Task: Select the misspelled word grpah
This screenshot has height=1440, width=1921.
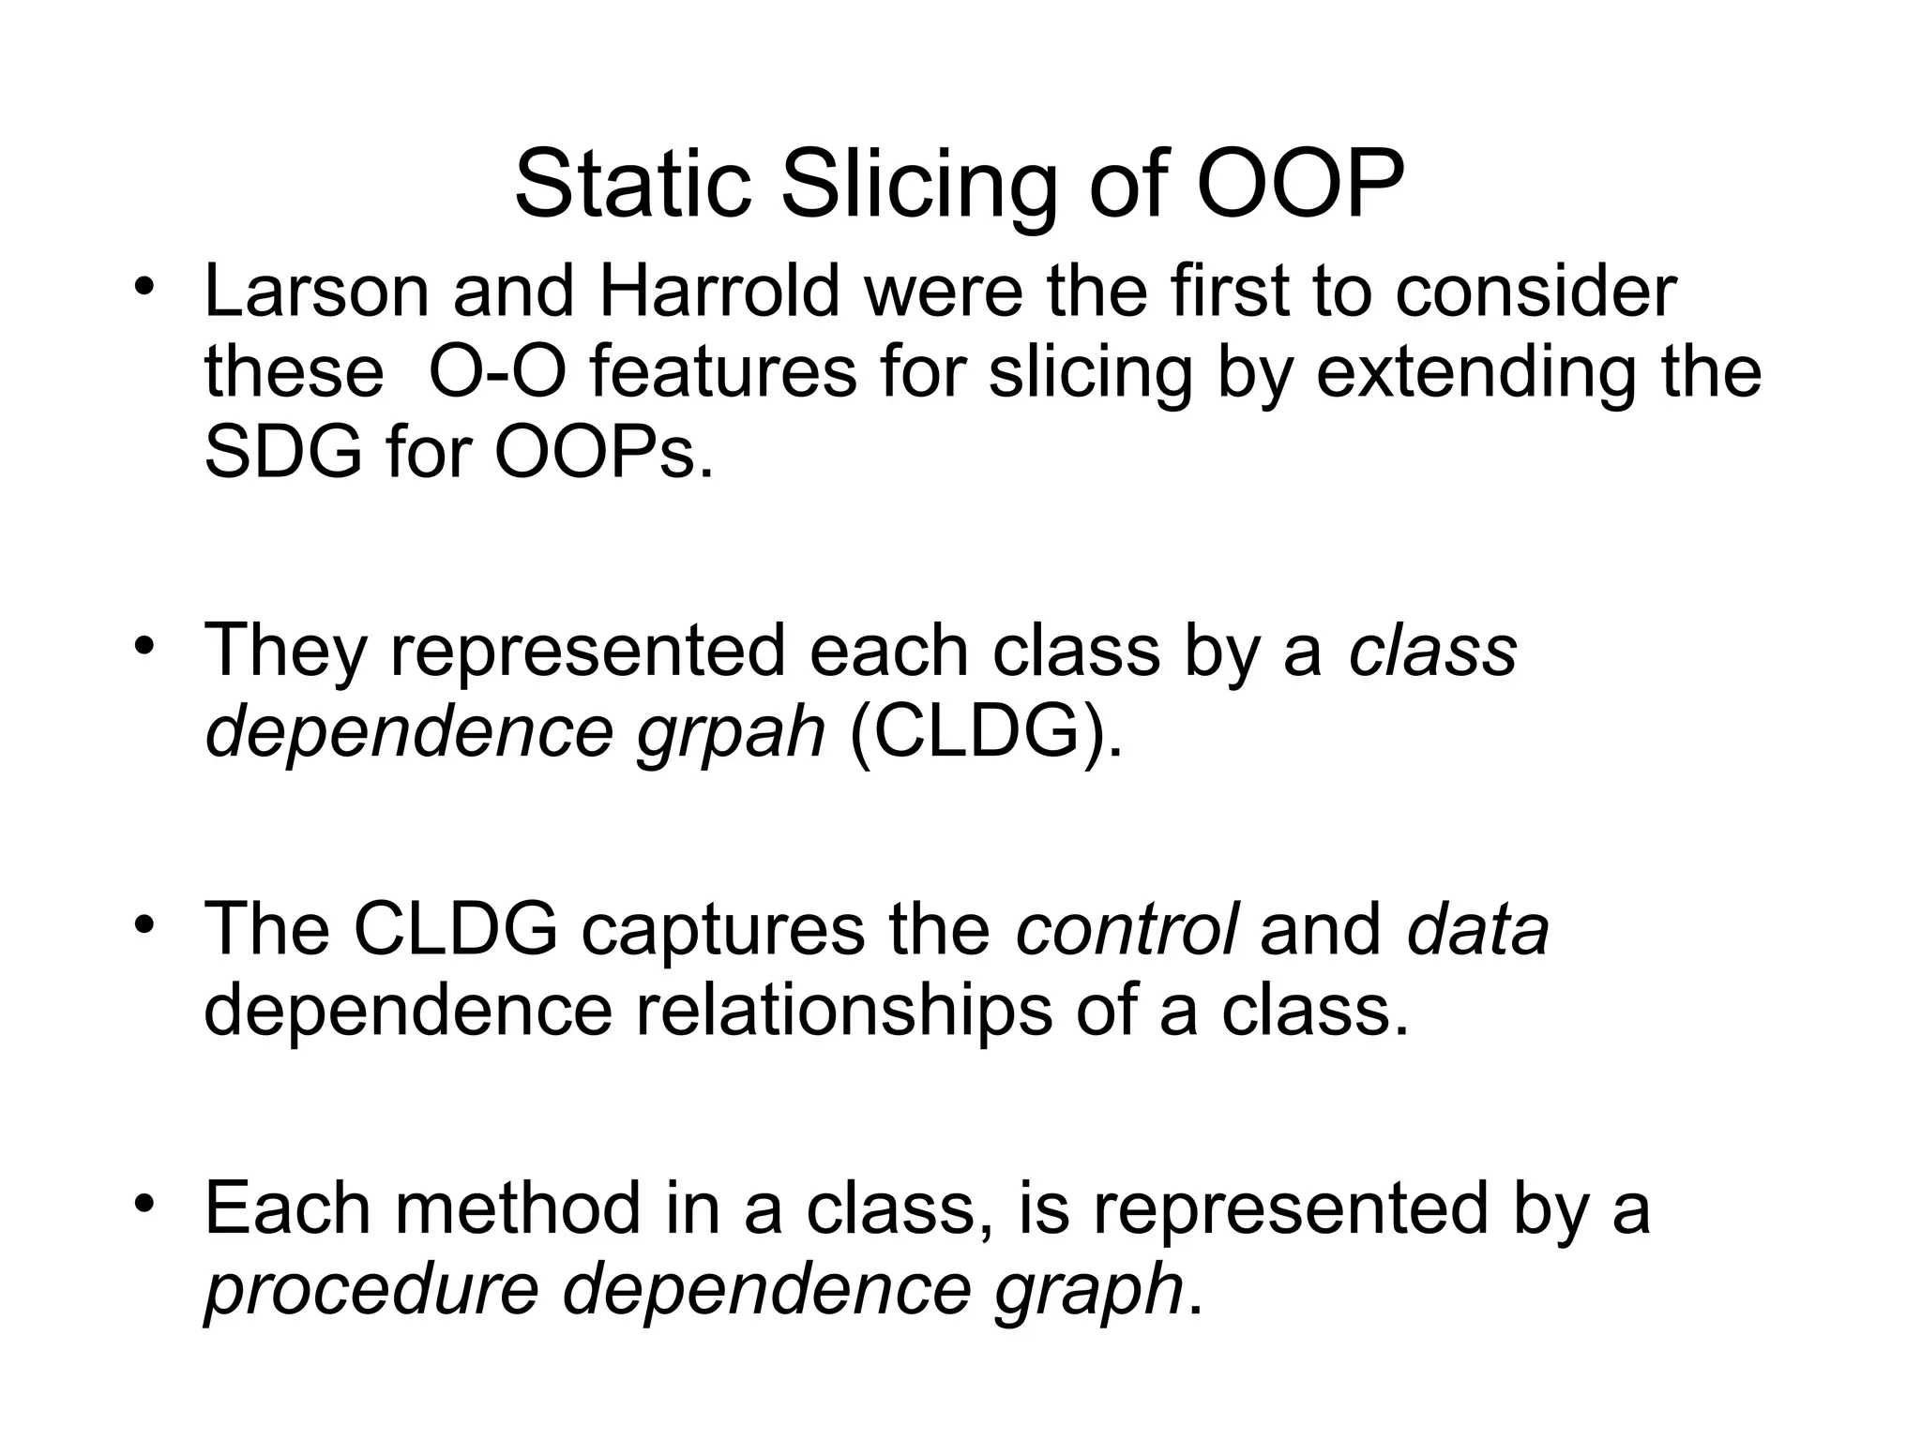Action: (x=731, y=733)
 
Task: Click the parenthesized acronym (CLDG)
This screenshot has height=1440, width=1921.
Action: (x=984, y=733)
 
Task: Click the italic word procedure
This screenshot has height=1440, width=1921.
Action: (x=371, y=1290)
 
